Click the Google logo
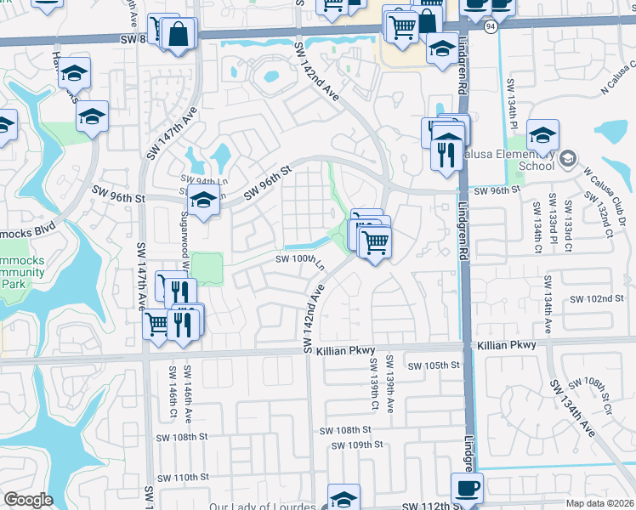coord(28,500)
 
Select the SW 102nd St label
coord(597,299)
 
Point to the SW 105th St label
coord(434,365)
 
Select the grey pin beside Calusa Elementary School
coord(569,159)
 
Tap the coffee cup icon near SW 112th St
coord(467,488)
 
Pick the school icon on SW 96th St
coord(203,201)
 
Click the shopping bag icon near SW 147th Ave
coord(179,35)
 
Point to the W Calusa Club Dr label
coord(599,198)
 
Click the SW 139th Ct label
coord(372,382)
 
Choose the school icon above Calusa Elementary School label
coord(542,134)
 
